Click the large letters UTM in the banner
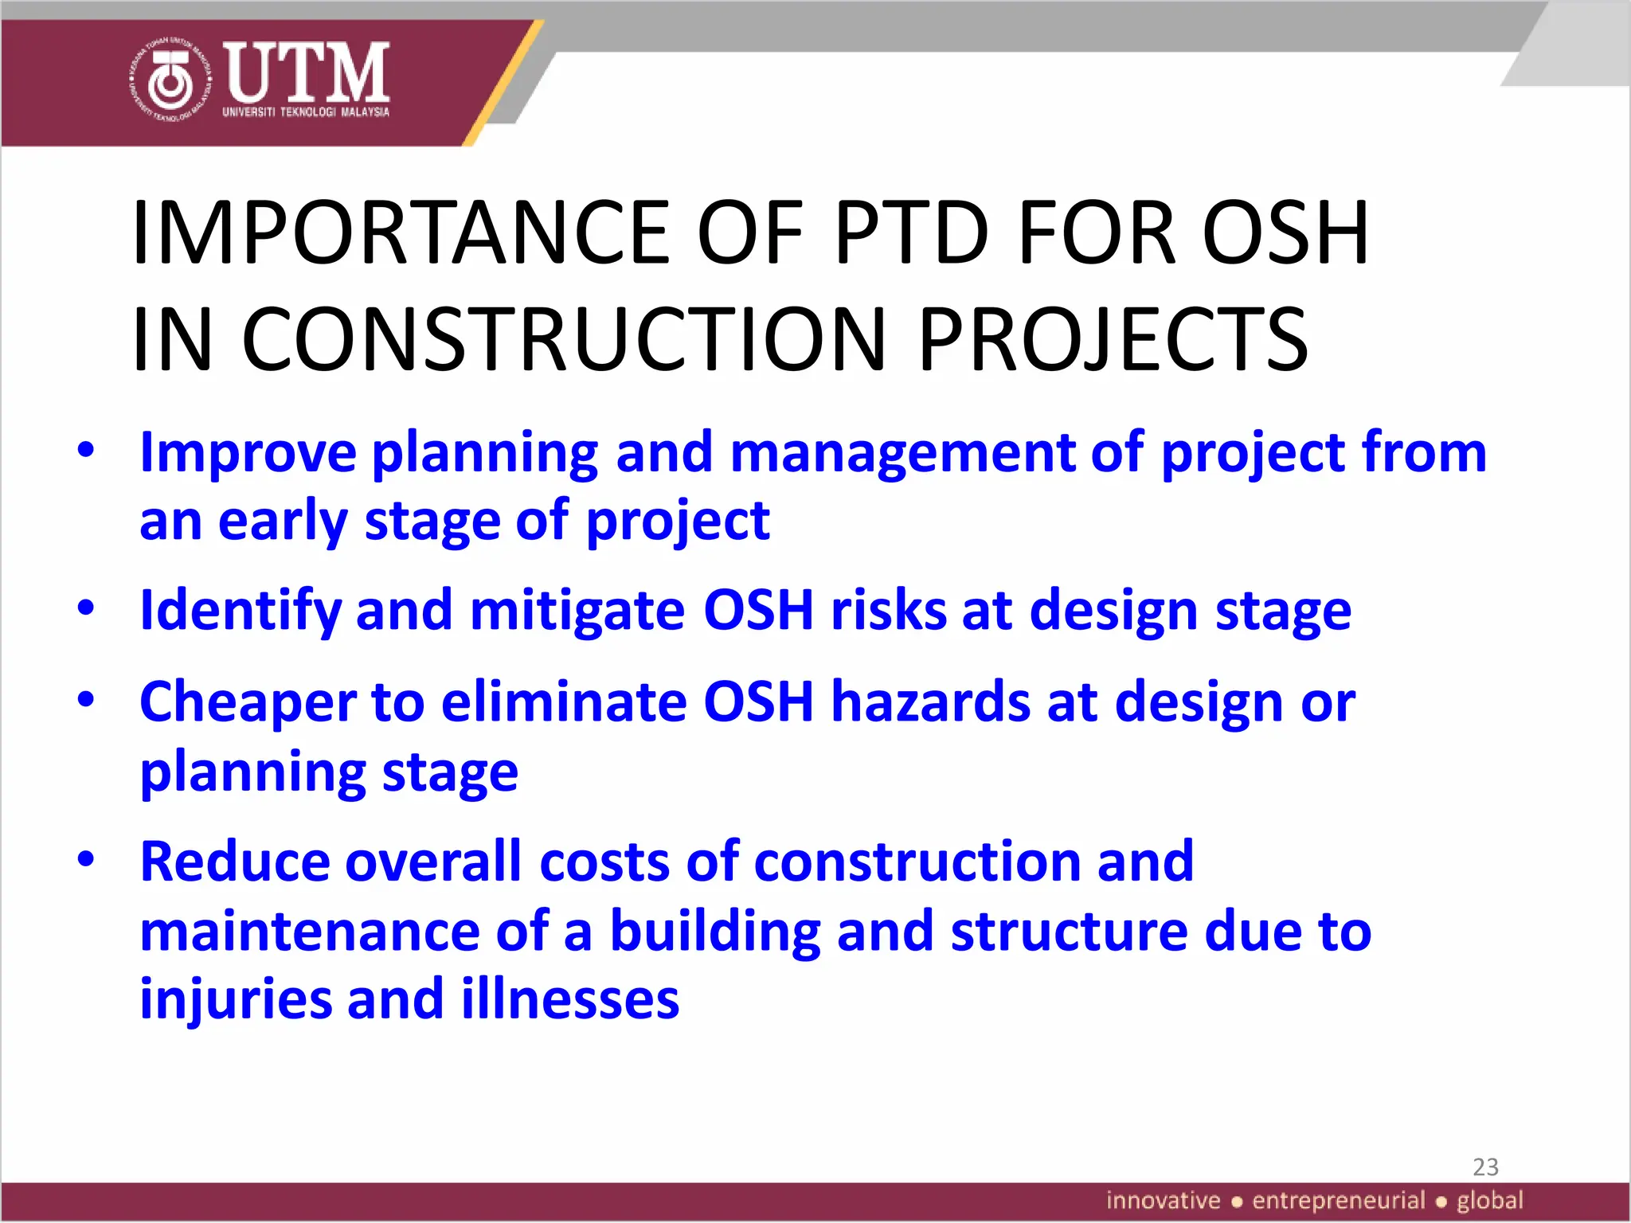pos(307,72)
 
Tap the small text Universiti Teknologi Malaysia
pos(306,112)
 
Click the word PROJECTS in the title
pos(1113,340)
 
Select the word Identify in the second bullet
pos(240,611)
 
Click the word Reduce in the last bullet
pos(234,862)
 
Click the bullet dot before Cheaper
pos(86,701)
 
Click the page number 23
pos(1485,1167)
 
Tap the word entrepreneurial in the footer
pos(1338,1201)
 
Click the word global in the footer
pos(1489,1201)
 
